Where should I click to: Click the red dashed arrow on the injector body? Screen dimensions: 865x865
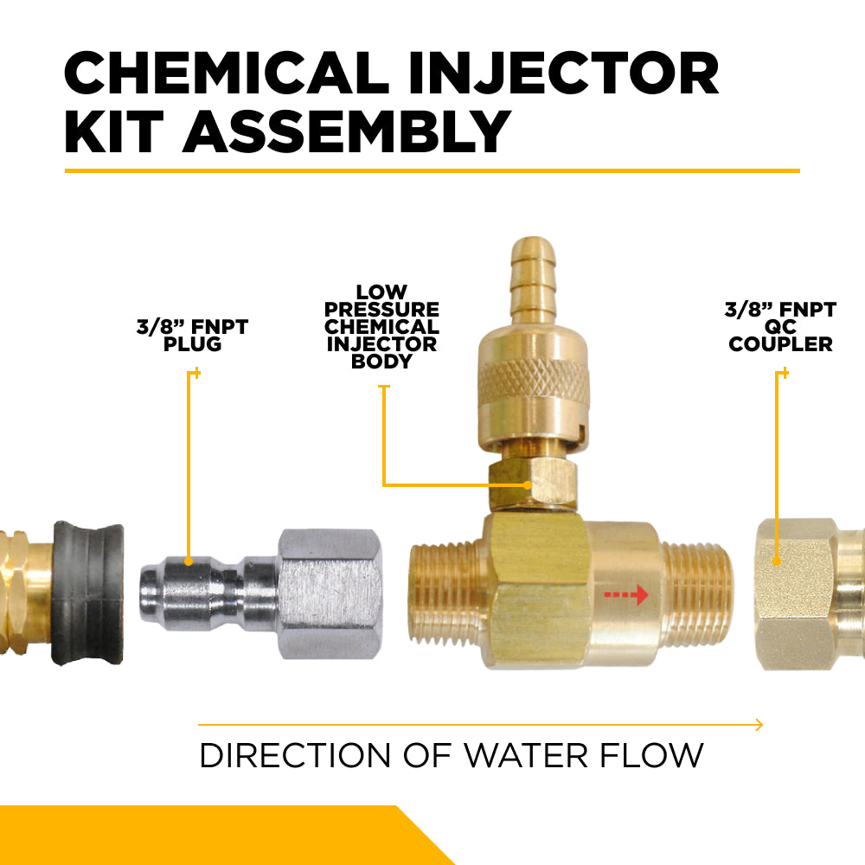tap(625, 595)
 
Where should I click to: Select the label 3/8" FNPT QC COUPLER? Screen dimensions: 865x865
tap(780, 326)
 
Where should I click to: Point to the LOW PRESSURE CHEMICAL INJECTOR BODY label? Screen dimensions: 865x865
tap(381, 327)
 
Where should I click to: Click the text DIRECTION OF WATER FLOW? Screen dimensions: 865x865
tap(451, 755)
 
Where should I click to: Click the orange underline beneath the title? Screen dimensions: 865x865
tap(432, 170)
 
